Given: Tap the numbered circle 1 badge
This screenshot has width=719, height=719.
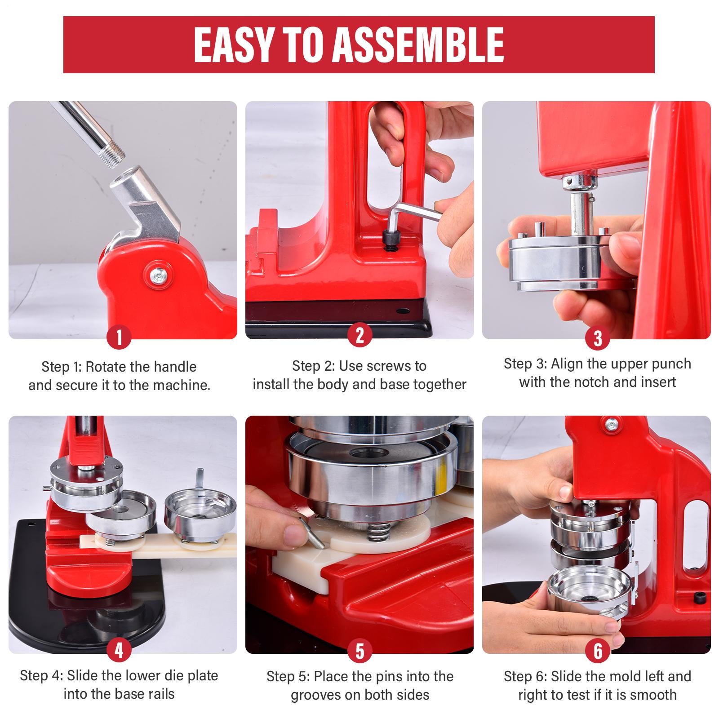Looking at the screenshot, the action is (119, 337).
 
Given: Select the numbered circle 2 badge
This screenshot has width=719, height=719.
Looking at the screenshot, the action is (359, 335).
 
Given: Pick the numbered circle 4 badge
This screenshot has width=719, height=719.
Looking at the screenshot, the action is (119, 650).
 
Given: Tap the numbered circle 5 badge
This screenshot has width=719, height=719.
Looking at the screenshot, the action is (359, 650).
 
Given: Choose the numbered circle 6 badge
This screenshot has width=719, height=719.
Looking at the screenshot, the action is (598, 650).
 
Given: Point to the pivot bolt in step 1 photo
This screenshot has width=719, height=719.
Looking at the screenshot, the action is (158, 272).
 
